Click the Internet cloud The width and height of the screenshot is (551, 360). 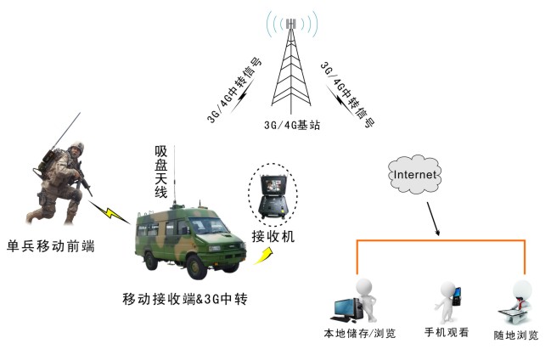coord(415,174)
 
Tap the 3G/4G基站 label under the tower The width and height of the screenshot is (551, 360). coord(293,124)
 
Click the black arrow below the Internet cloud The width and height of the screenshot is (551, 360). coord(434,222)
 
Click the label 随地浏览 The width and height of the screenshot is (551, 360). coord(516,335)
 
